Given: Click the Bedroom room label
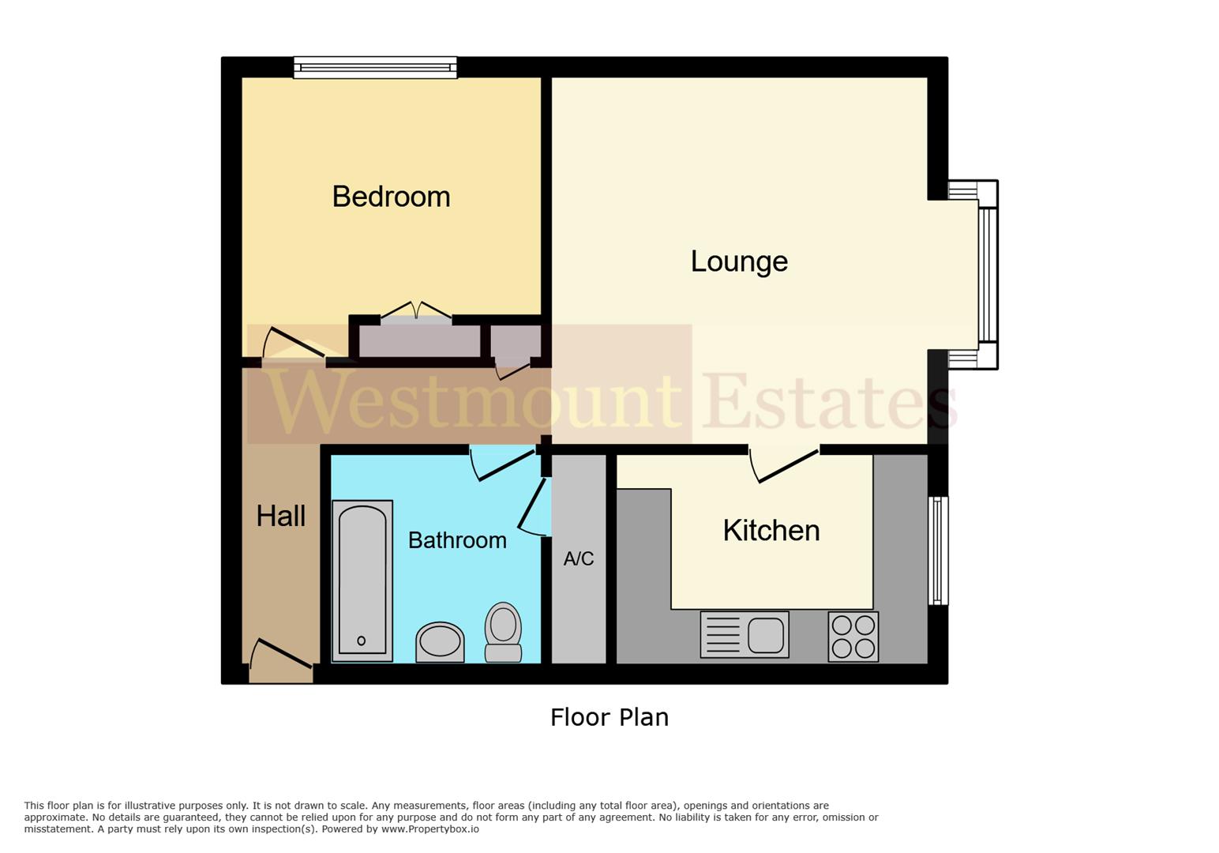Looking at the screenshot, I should coord(391,197).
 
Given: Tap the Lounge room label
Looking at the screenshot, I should coord(739,261).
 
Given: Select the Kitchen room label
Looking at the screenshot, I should coord(771,531).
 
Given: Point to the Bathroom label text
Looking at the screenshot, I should coord(457,540).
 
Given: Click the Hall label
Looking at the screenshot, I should coord(280,517).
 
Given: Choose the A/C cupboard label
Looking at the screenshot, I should coord(578,559).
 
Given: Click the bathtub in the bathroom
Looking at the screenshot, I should coord(362,581).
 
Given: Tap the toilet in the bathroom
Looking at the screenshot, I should coord(503,632).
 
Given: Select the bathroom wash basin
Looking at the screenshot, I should coord(440,641).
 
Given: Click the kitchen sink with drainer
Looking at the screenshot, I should coord(745,635).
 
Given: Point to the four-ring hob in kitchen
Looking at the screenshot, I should coord(853,637).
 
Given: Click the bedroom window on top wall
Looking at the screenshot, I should coord(375,67).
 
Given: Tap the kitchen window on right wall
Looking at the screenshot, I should coord(938,551).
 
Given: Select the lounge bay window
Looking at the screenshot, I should coord(988,274).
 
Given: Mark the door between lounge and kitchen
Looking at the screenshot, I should coord(785,465).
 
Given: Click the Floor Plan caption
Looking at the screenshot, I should coord(609,717).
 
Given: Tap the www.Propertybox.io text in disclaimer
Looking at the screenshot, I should coord(429,829).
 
